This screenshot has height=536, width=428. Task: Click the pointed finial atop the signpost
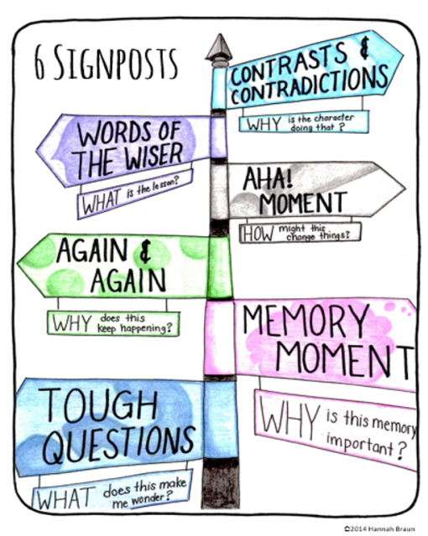[x=219, y=47]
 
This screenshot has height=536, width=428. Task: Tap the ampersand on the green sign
[x=145, y=251]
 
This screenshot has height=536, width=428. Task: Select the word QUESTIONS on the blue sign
[x=119, y=446]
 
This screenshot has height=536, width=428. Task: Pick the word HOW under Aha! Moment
[x=258, y=234]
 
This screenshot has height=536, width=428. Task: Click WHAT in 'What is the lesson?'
[x=101, y=201]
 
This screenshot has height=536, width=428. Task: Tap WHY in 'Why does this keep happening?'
[x=72, y=323]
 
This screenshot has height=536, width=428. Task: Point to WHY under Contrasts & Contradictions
[x=264, y=125]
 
